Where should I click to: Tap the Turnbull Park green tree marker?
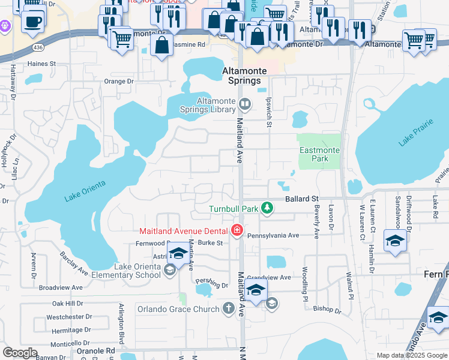[267, 209]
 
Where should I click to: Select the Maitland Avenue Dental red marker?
[237, 230]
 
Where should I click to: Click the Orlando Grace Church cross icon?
[228, 309]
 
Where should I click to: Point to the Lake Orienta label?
[85, 190]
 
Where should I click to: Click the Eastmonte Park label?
[319, 155]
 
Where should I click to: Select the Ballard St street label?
[301, 199]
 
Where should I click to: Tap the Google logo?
[20, 353]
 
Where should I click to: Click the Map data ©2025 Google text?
[412, 355]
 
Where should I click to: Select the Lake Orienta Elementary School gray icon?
[170, 271]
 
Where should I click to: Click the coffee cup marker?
[32, 23]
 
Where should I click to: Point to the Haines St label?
[41, 63]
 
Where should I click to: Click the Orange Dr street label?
[118, 82]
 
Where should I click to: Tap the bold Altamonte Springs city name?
[242, 76]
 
